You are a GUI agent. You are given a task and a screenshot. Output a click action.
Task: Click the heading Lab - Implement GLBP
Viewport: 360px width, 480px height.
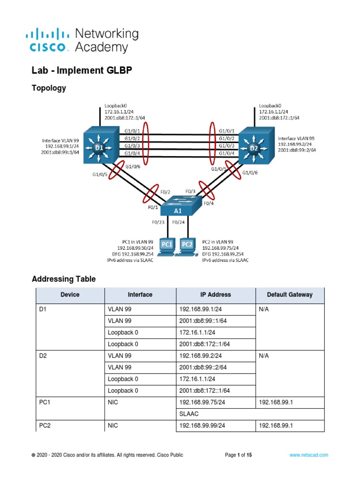click(x=82, y=70)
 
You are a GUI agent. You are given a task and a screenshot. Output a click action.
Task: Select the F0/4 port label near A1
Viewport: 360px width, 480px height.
click(x=208, y=204)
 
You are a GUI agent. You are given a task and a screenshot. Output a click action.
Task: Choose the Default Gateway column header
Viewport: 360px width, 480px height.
click(x=289, y=295)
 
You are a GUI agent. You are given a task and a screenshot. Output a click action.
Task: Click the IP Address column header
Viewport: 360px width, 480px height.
click(x=215, y=295)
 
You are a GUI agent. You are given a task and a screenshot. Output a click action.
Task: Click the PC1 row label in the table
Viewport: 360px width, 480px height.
click(x=45, y=402)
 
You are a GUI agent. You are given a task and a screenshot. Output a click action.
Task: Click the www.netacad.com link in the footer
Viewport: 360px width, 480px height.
click(x=308, y=455)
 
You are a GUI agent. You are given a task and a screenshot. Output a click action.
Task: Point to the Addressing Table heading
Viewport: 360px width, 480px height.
click(x=64, y=279)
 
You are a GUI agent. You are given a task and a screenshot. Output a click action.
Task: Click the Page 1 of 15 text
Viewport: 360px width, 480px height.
click(x=239, y=455)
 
